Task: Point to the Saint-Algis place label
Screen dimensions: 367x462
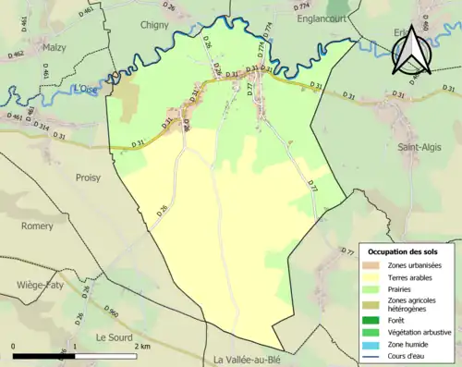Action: point(419,146)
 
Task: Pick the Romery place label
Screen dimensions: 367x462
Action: point(37,226)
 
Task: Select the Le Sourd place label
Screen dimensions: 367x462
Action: point(115,312)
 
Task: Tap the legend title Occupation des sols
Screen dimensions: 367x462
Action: point(404,251)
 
